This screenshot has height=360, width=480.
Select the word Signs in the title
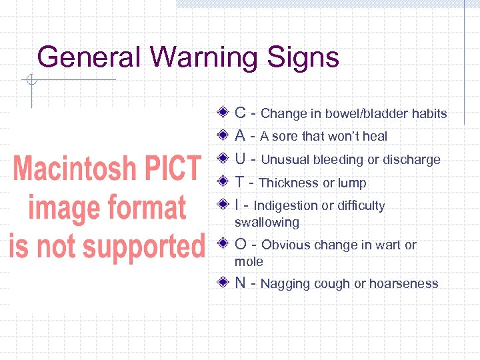click(304, 57)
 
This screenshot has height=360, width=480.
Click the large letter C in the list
click(241, 113)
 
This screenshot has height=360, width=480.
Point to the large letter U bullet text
click(241, 159)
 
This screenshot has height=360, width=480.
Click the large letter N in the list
click(241, 283)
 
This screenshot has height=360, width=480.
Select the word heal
click(374, 136)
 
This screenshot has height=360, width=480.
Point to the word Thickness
click(288, 183)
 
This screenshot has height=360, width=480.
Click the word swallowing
click(267, 222)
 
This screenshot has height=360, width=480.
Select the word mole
click(249, 261)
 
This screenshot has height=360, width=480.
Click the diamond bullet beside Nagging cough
click(224, 282)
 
